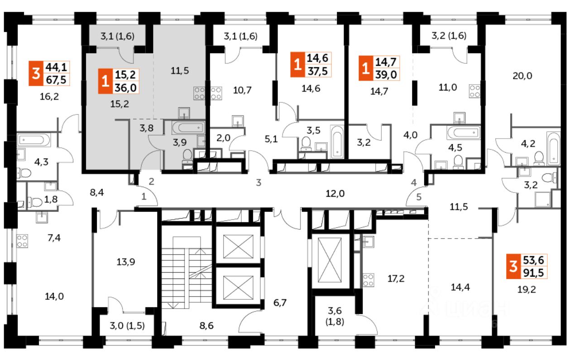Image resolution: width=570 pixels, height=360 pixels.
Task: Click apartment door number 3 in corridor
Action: click(259, 183)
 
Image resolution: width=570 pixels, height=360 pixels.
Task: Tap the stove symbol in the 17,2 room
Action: click(368, 279)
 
